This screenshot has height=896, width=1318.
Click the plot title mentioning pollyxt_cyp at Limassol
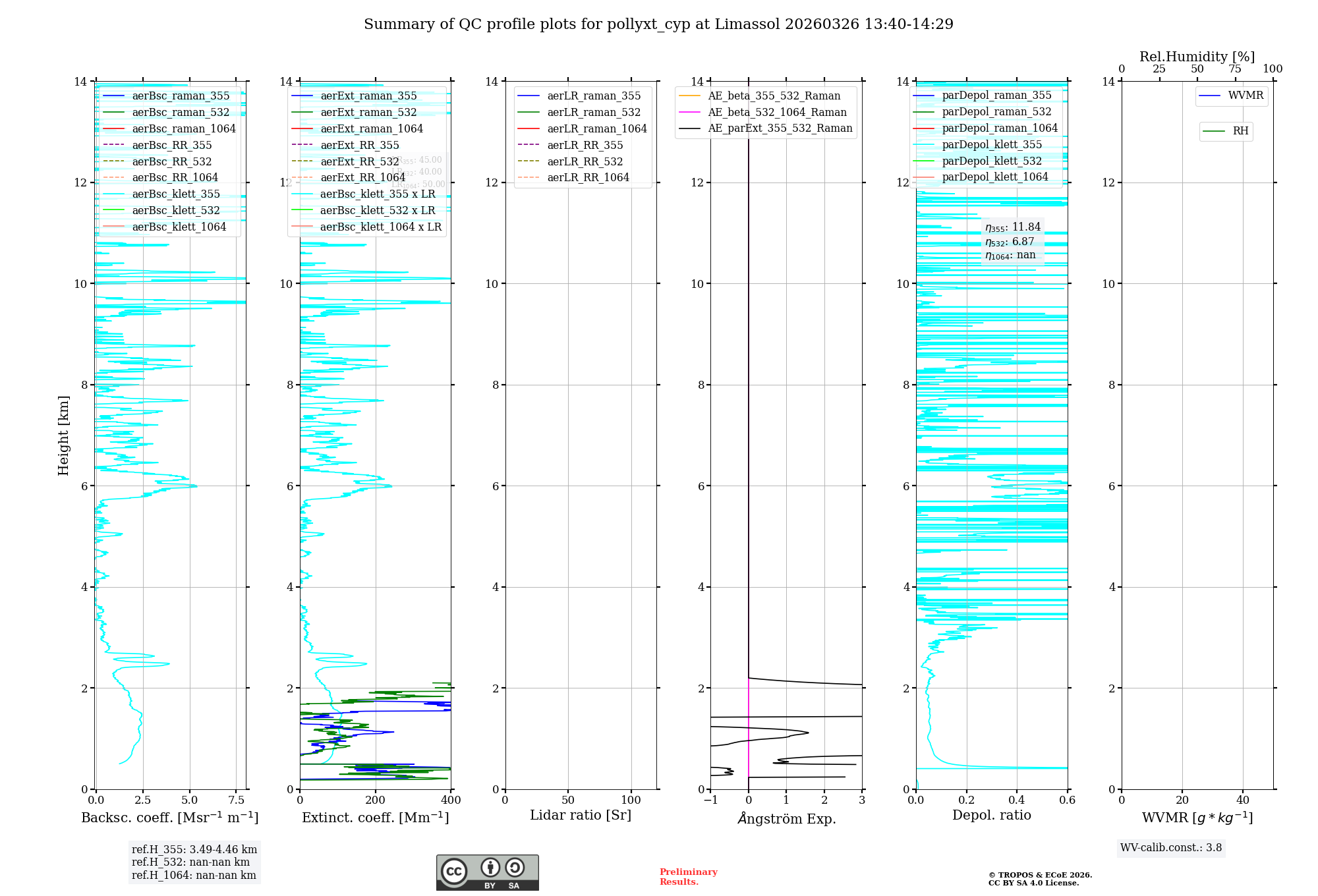click(658, 24)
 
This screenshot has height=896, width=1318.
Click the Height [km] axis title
click(63, 435)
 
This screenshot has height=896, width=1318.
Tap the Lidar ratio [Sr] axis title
click(581, 815)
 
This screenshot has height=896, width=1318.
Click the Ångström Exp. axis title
click(786, 818)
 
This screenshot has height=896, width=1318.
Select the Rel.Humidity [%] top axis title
click(1197, 57)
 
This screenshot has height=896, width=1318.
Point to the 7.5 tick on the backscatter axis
click(237, 800)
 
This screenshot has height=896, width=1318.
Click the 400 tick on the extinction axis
click(451, 800)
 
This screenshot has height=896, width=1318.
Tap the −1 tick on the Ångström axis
click(710, 800)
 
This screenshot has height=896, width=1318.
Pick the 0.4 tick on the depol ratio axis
click(1017, 800)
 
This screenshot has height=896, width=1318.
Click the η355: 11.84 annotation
click(1013, 227)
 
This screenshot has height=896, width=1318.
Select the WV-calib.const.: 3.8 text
click(1171, 848)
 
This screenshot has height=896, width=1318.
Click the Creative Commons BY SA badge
click(487, 873)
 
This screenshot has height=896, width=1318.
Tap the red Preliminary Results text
click(688, 877)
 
